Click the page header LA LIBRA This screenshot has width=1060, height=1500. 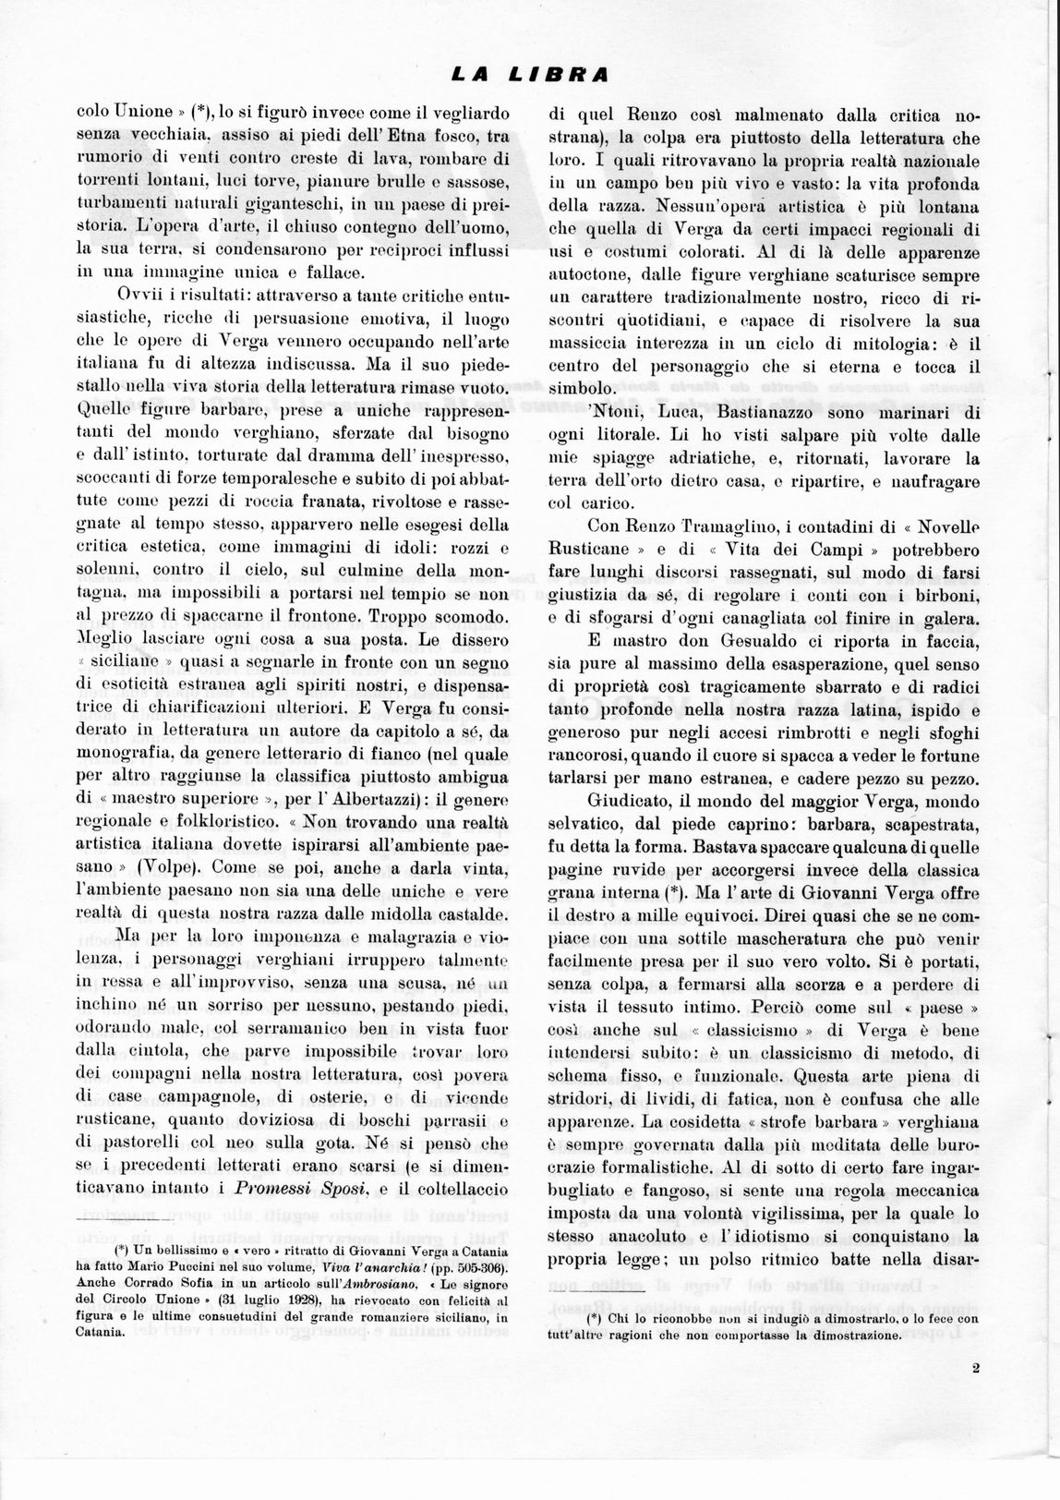point(529,73)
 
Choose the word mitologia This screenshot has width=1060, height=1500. point(878,345)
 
